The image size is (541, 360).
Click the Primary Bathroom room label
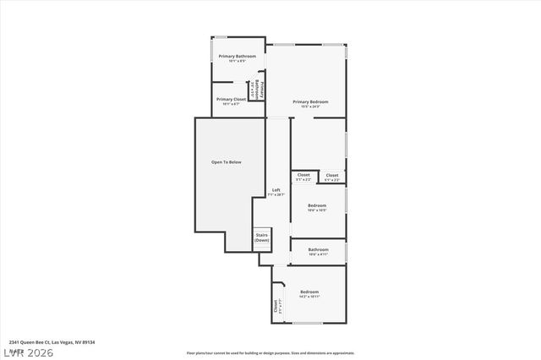[237, 57]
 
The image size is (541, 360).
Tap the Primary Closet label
[231, 99]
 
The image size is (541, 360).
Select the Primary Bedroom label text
[310, 101]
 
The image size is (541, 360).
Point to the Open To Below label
[226, 161]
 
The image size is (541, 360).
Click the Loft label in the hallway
[276, 190]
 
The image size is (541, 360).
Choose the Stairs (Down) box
[262, 237]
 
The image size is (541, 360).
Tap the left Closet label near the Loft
[303, 175]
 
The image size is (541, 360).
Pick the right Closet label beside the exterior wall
[332, 175]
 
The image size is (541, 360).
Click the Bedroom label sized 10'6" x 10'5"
[317, 205]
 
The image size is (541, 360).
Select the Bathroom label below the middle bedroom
[318, 249]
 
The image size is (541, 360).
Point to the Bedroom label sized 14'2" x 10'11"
[309, 292]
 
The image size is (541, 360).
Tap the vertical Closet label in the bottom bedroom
[276, 308]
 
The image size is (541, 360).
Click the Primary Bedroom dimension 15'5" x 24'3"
[310, 106]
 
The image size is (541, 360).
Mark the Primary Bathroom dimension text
[237, 62]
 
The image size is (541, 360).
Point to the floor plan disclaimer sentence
[270, 353]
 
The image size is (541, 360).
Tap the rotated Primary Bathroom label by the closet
[262, 88]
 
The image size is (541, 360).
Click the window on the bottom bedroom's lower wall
[307, 323]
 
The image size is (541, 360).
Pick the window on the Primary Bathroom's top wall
[219, 37]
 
